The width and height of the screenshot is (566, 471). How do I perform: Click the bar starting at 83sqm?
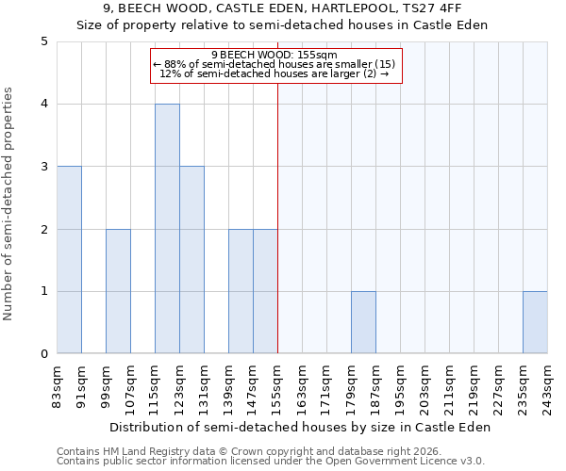tap(69, 260)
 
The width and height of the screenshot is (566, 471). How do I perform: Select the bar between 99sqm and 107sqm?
tap(118, 291)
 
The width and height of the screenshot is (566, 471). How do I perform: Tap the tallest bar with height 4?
tap(167, 229)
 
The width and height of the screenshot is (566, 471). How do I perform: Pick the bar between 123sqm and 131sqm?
tap(191, 260)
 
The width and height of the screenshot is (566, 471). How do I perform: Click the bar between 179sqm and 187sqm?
tap(363, 322)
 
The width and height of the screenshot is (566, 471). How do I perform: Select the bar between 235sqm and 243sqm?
tap(535, 322)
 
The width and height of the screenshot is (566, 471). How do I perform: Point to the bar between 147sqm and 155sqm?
tap(265, 291)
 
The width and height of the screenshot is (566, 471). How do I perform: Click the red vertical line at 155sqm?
tap(277, 207)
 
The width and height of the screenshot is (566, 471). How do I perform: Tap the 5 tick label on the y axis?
tap(44, 41)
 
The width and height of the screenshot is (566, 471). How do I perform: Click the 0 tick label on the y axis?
tap(44, 354)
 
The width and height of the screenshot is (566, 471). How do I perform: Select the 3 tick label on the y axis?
tap(44, 167)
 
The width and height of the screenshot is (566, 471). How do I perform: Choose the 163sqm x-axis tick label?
tap(303, 385)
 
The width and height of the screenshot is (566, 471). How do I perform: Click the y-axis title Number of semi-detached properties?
tap(9, 203)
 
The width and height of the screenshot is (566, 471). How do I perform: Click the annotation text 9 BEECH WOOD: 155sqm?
tap(276, 56)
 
